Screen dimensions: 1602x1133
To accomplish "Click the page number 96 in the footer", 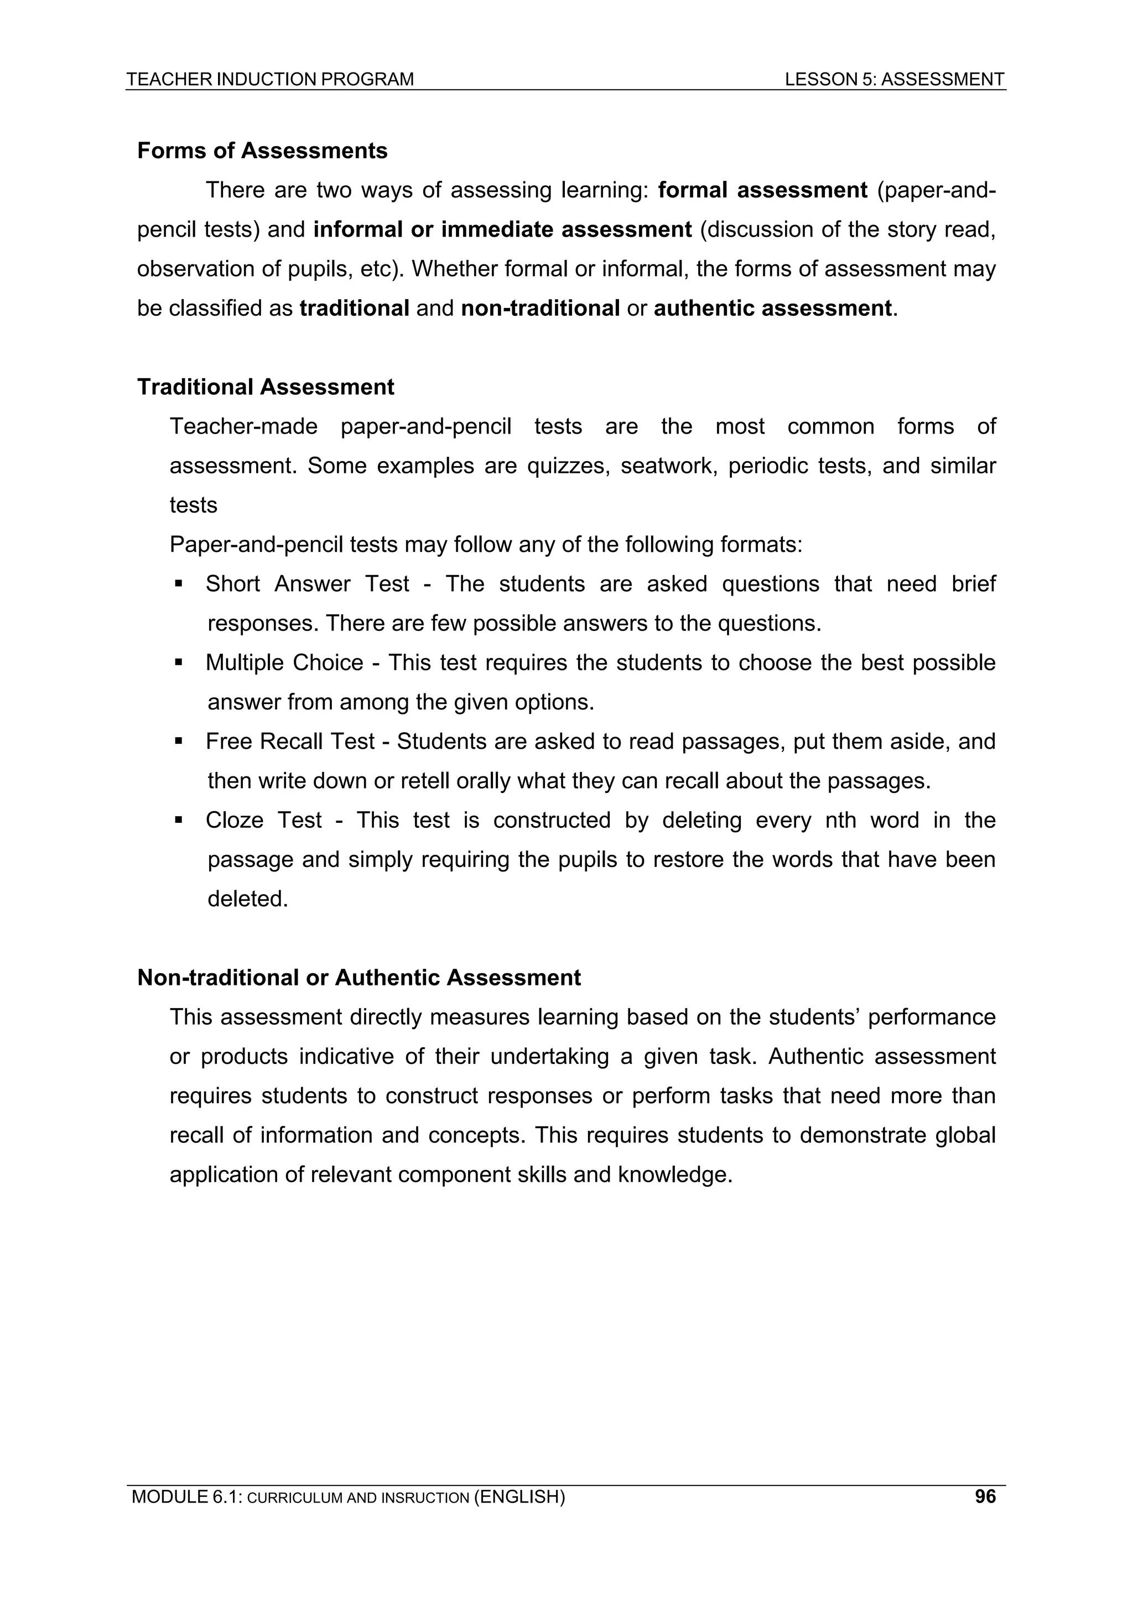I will point(985,1496).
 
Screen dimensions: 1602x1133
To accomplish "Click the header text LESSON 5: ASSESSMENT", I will point(894,80).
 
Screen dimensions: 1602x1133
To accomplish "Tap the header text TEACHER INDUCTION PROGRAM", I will point(270,80).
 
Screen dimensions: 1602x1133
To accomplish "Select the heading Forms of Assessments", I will point(262,151).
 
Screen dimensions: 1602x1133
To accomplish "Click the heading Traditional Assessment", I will point(266,387).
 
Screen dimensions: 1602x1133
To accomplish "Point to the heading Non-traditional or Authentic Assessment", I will point(359,978).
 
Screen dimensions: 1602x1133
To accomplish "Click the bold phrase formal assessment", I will point(762,190).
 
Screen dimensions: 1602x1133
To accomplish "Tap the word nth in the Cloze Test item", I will point(840,820).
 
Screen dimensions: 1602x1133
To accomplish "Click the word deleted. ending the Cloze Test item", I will point(248,899).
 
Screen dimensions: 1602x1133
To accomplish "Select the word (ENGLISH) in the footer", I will point(519,1496).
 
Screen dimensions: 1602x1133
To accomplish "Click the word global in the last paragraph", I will point(965,1135).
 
